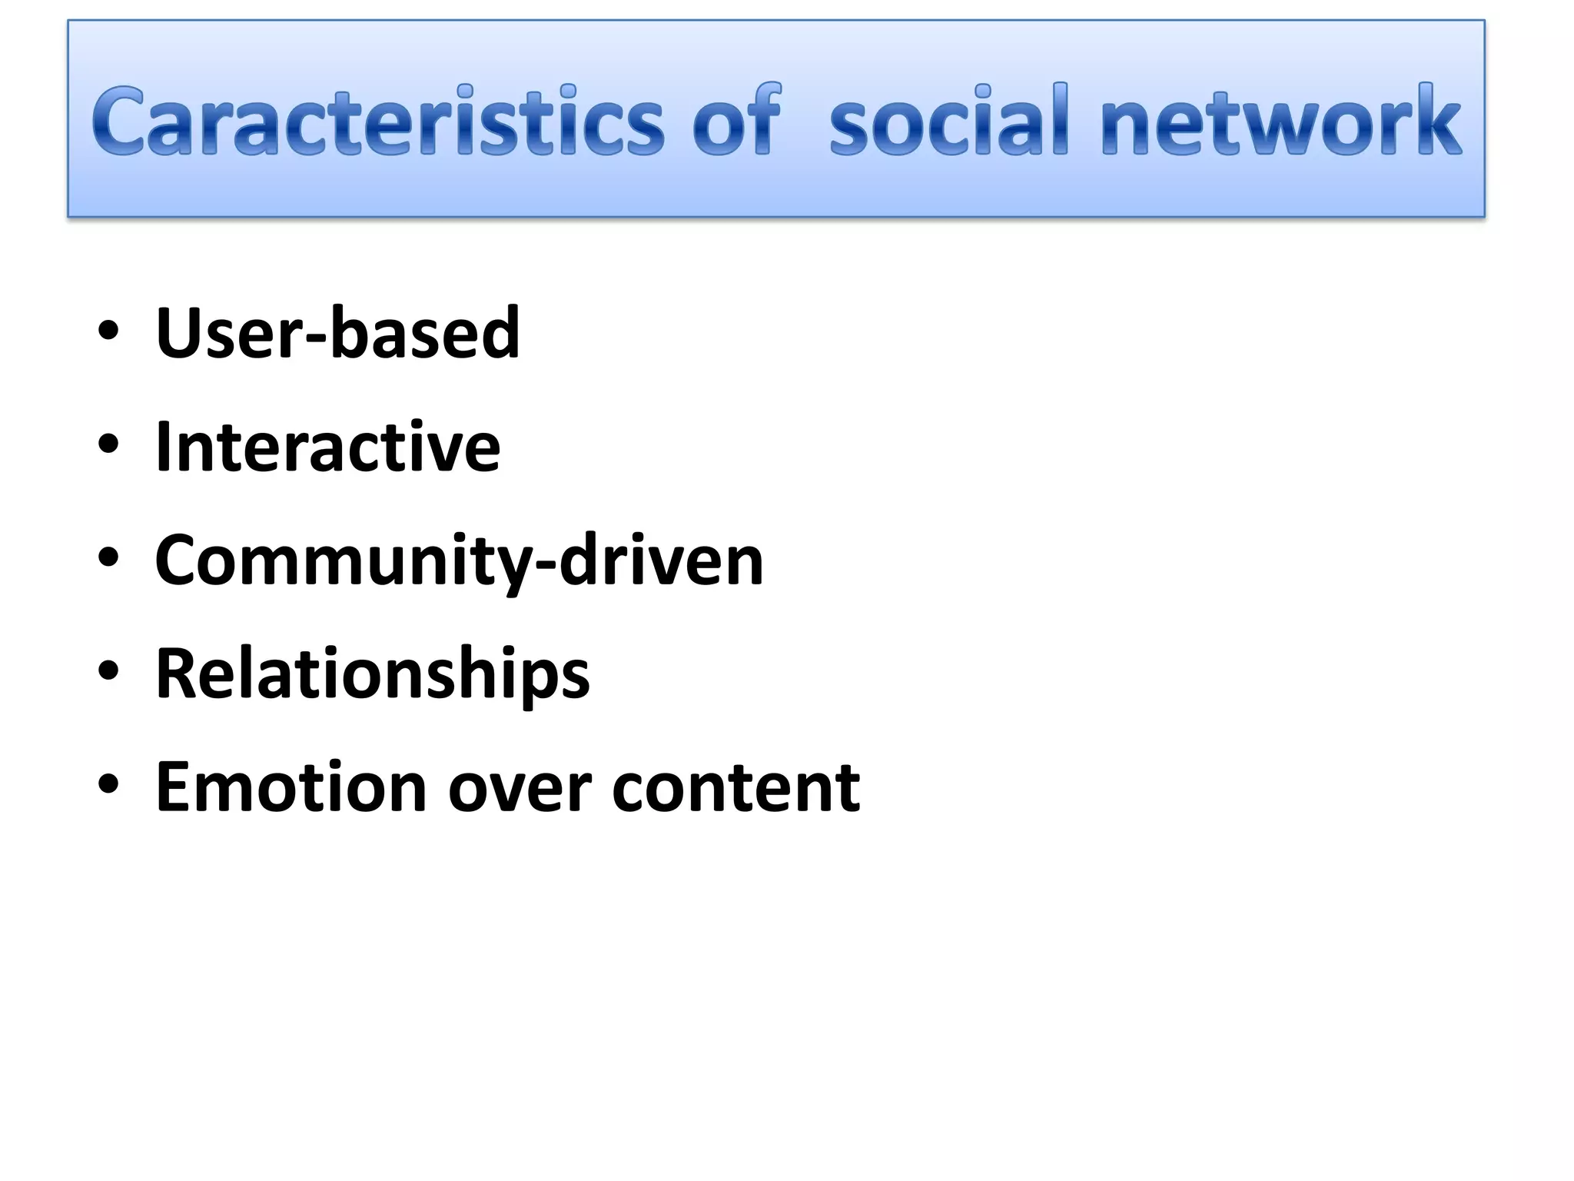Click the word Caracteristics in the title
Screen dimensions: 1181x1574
point(377,121)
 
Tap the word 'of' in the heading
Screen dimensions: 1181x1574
point(736,121)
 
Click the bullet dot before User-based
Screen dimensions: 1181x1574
point(108,332)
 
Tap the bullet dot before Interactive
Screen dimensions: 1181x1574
point(108,446)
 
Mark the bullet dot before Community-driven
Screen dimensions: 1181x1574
point(108,560)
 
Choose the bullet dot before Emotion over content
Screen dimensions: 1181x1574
point(108,787)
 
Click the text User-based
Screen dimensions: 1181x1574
point(337,332)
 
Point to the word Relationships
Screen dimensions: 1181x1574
point(372,674)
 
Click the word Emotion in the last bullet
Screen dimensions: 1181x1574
point(291,787)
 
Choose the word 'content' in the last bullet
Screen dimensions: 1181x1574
point(736,787)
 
